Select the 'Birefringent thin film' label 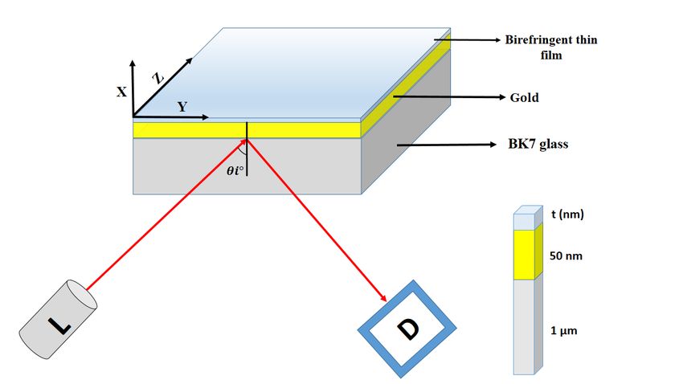551,47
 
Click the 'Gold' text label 525,97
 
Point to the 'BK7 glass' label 538,144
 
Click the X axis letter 121,92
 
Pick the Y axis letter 182,107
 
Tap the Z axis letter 158,79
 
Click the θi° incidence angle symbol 235,170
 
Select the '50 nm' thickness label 566,255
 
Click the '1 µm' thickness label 563,330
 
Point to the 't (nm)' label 567,214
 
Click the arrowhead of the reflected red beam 383,298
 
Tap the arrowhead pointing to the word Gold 501,97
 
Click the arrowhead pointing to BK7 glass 493,145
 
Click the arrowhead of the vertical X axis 133,63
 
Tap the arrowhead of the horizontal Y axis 205,117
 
